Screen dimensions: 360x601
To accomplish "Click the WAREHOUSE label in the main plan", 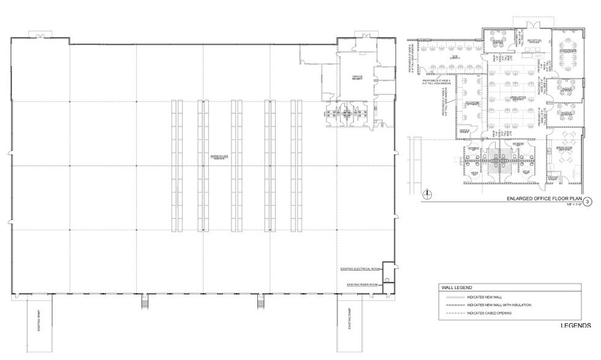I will pyautogui.click(x=219, y=157).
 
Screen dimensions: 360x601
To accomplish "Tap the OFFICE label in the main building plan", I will pyautogui.click(x=357, y=77).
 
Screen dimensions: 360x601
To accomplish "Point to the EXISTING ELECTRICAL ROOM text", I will pyautogui.click(x=360, y=269).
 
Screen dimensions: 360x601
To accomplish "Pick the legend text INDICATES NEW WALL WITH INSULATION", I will pyautogui.click(x=499, y=304).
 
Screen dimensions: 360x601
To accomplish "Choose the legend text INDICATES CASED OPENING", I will pyautogui.click(x=489, y=313).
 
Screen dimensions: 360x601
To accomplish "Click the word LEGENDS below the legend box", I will pyautogui.click(x=575, y=325).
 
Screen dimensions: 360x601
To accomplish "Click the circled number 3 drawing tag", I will pyautogui.click(x=588, y=201).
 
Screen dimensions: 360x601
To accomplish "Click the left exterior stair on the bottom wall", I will pyautogui.click(x=145, y=301).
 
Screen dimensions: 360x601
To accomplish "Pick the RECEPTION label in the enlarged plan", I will pyautogui.click(x=534, y=42).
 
